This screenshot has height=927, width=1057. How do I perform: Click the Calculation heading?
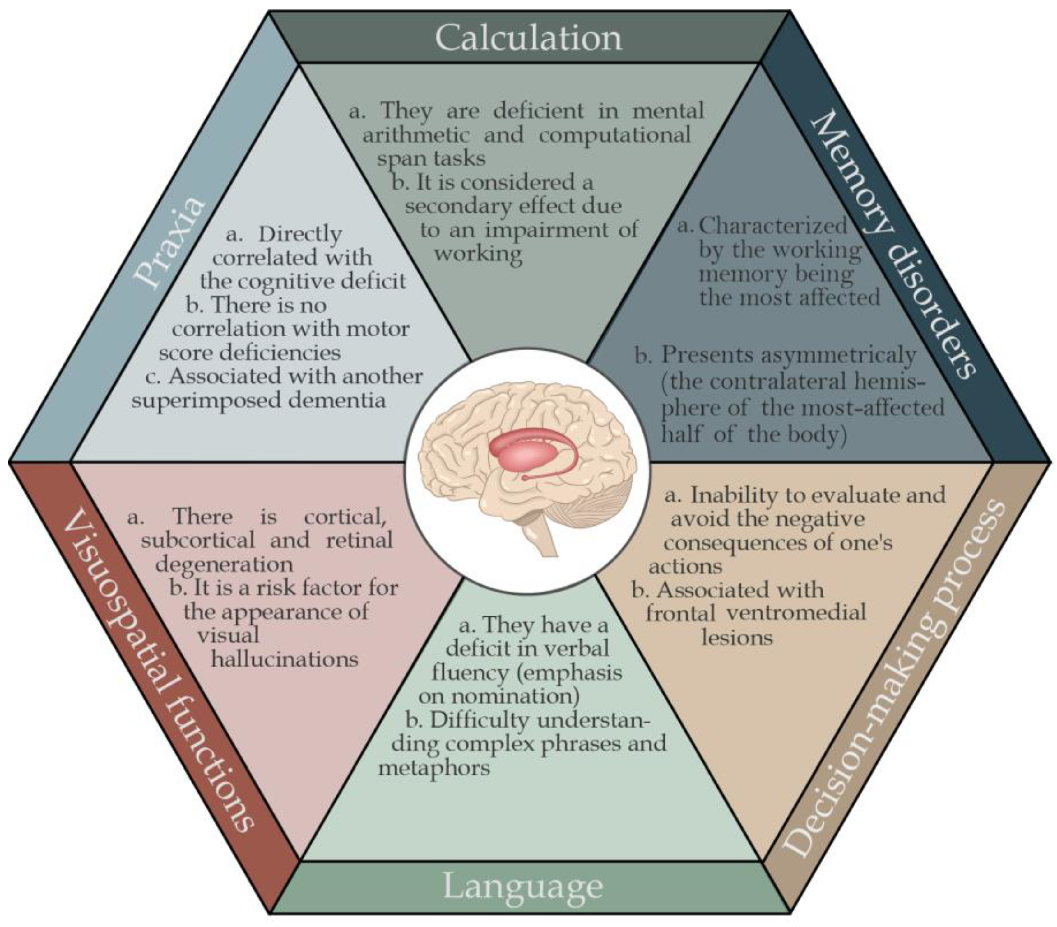[528, 37]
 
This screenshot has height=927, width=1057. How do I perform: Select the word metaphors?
[434, 768]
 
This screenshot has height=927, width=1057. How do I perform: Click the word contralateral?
[777, 382]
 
